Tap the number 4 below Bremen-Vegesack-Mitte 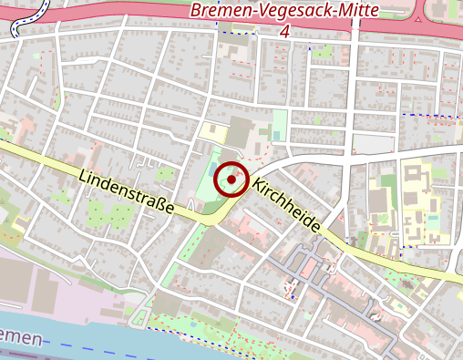[285, 32]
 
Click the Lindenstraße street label [126, 191]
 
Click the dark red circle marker [231, 180]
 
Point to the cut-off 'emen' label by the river [22, 338]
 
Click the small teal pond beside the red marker [211, 170]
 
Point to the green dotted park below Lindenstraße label [109, 214]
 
